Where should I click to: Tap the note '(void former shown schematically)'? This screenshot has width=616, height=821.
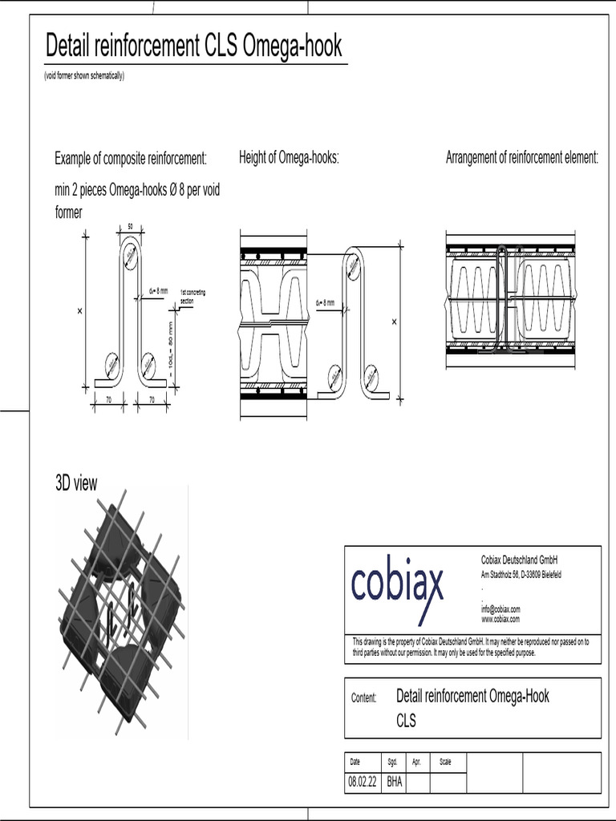84,76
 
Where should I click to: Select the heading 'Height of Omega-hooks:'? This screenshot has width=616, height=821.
289,158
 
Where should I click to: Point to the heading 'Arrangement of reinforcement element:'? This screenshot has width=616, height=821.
522,158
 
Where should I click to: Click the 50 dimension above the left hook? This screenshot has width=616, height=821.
131,228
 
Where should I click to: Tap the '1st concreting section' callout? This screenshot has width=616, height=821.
192,296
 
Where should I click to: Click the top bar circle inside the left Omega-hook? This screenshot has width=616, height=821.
132,258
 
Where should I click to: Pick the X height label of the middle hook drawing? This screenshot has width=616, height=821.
394,322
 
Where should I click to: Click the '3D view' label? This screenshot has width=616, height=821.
76,483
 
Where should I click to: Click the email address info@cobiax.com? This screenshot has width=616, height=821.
500,609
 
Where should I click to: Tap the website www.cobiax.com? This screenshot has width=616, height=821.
500,619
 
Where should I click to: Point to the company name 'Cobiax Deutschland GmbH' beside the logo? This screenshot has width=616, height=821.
519,560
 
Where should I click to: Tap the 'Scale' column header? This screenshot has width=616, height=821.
445,762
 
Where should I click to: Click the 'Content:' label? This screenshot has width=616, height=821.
363,698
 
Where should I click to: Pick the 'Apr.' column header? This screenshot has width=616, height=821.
416,762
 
